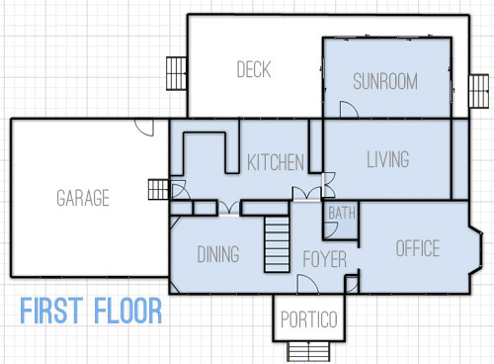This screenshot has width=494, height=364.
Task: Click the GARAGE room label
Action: pyautogui.click(x=82, y=198)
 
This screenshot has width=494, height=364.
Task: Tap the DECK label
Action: pyautogui.click(x=254, y=70)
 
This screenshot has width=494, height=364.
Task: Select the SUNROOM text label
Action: pyautogui.click(x=385, y=81)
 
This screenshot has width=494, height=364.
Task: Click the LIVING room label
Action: pyautogui.click(x=387, y=159)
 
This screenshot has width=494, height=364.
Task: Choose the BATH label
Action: pyautogui.click(x=342, y=213)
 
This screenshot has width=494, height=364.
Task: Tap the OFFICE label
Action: pyautogui.click(x=417, y=248)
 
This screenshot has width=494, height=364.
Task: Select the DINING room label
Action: pyautogui.click(x=218, y=254)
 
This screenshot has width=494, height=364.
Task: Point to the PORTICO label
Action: pyautogui.click(x=308, y=320)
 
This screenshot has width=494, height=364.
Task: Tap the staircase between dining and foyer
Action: pyautogui.click(x=276, y=242)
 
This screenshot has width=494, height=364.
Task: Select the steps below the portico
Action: pyautogui.click(x=308, y=351)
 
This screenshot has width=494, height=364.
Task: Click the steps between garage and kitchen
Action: pyautogui.click(x=158, y=189)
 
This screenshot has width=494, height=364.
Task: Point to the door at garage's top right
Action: pyautogui.click(x=144, y=129)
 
